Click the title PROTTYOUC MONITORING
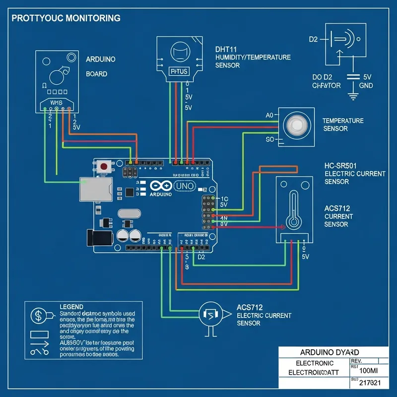66,18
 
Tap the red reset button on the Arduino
104,166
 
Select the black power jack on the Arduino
98,239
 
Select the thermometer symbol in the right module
295,208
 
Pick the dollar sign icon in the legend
38,315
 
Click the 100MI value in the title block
368,370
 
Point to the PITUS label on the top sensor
179,71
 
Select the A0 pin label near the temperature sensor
270,115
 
